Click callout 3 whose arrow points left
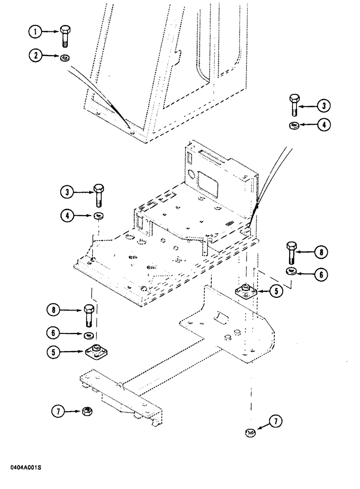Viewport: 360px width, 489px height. click(x=323, y=104)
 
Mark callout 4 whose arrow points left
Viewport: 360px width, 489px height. click(x=323, y=125)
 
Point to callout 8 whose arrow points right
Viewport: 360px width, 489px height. click(x=54, y=310)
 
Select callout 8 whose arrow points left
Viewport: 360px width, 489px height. click(x=320, y=252)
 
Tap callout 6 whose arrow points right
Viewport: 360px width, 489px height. click(x=54, y=333)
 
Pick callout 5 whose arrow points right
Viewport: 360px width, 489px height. click(x=54, y=351)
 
